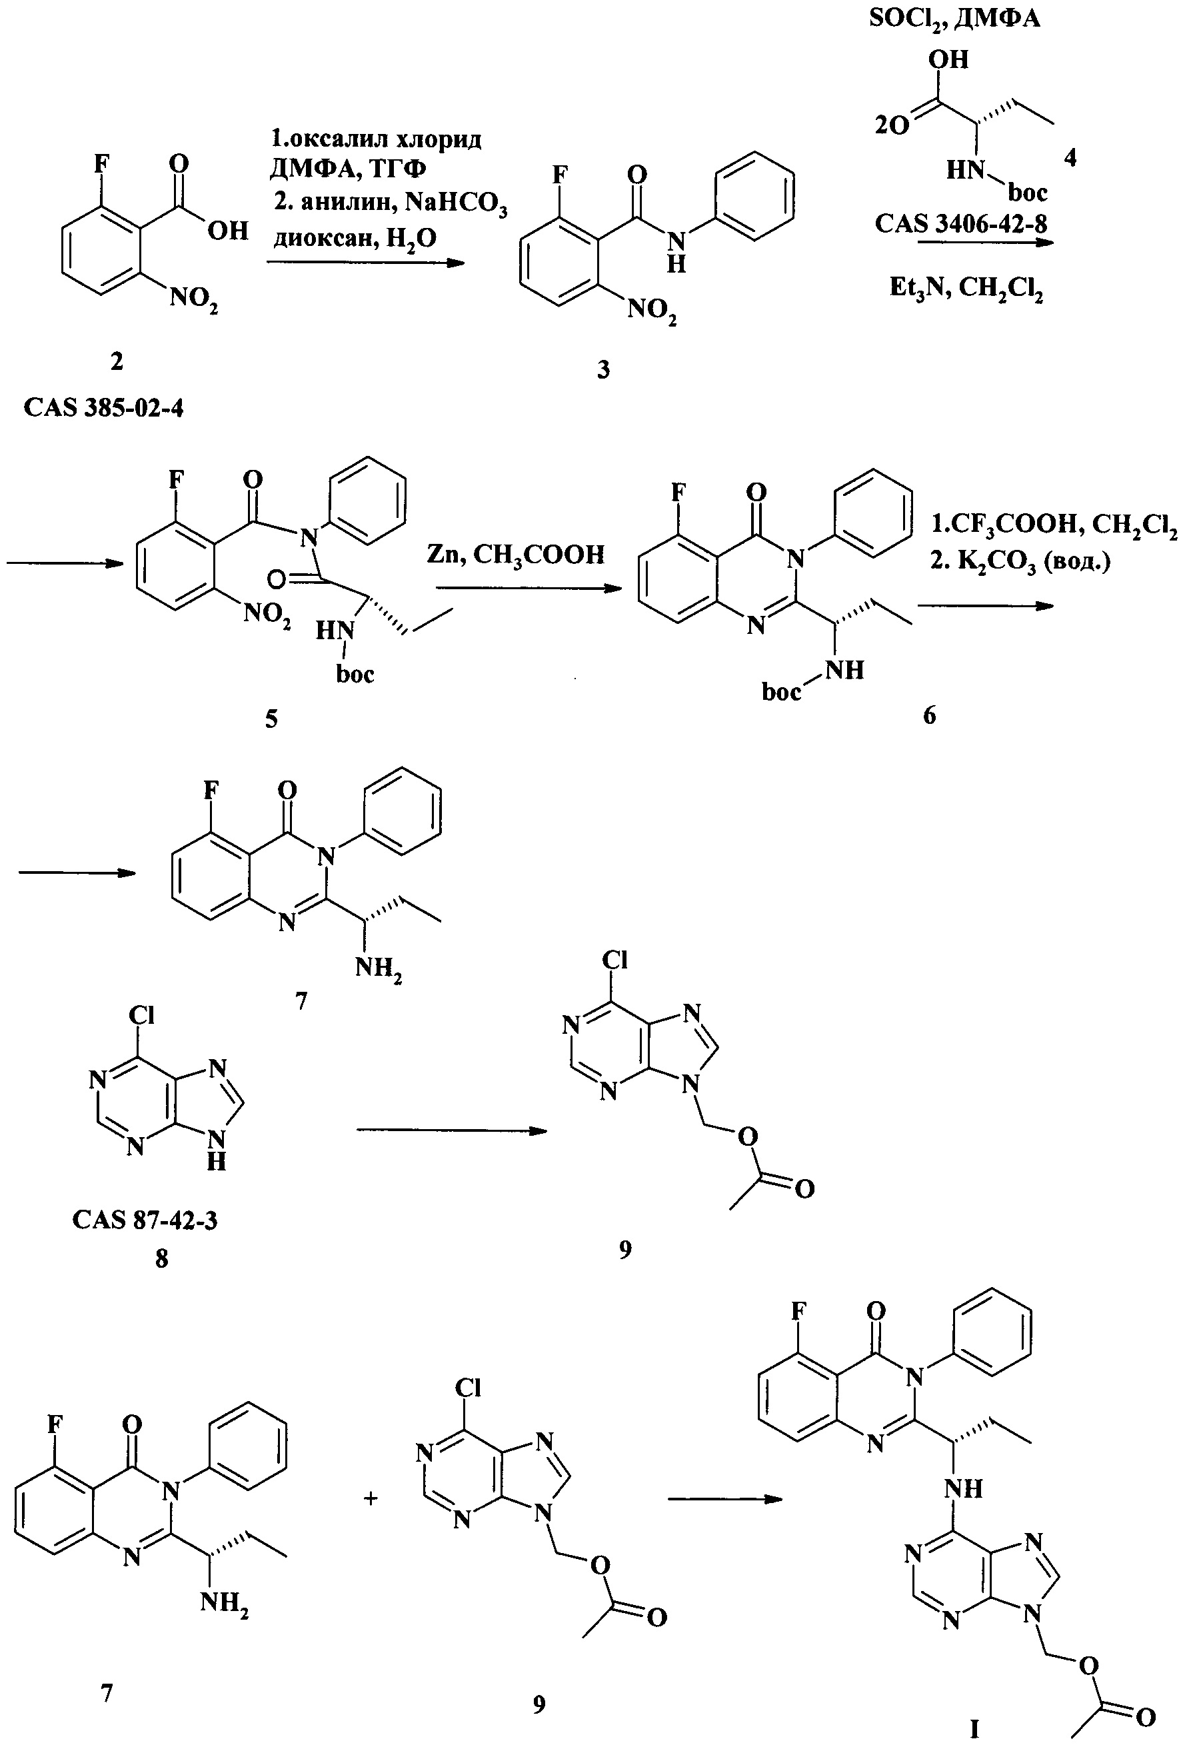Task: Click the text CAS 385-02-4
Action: pos(103,408)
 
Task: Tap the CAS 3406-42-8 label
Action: pos(961,223)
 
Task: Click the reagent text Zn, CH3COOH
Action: pos(516,555)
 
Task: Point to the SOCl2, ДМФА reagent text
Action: pos(954,17)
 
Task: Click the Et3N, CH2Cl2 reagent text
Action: pos(966,288)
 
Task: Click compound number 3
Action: pos(603,371)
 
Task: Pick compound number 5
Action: pos(271,719)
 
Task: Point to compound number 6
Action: pos(929,715)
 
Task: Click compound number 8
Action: pos(161,1258)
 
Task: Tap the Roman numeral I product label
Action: pos(974,1729)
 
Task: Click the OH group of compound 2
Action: pos(227,231)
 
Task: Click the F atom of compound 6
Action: pos(678,494)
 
